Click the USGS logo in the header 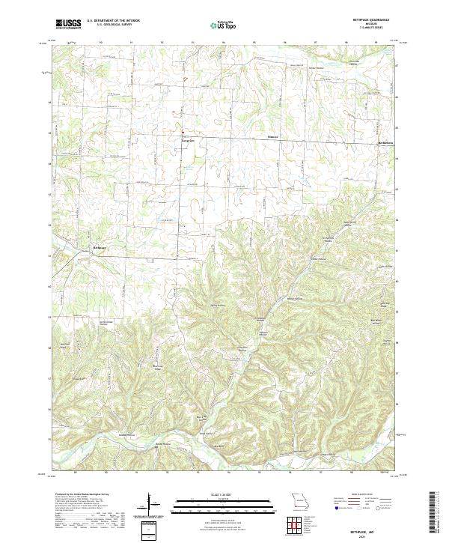(68, 24)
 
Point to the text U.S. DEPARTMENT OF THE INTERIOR (113, 21)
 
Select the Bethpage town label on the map (100, 247)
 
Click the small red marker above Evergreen (181, 134)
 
